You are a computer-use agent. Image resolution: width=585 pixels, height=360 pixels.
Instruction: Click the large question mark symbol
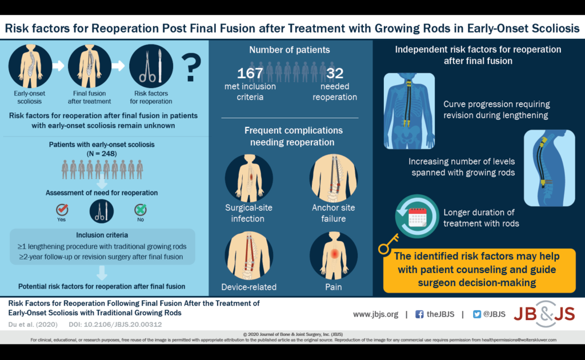pyautogui.click(x=191, y=67)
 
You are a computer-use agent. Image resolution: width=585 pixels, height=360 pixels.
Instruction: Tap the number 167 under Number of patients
pyautogui.click(x=250, y=73)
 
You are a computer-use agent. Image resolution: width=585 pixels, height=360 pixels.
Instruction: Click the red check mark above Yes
pyautogui.click(x=62, y=209)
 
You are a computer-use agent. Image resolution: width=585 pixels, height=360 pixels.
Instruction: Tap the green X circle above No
pyautogui.click(x=139, y=209)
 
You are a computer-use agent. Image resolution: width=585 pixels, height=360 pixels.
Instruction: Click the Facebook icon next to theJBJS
pyautogui.click(x=419, y=314)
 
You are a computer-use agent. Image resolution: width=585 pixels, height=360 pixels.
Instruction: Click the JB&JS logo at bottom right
pyautogui.click(x=544, y=314)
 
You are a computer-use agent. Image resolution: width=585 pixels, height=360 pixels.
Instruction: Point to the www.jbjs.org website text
pyautogui.click(x=375, y=314)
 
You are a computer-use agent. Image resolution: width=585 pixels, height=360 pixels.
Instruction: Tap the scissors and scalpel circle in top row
pyautogui.click(x=151, y=66)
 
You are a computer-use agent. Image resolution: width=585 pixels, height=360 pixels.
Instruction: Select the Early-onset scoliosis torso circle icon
pyautogui.click(x=30, y=66)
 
